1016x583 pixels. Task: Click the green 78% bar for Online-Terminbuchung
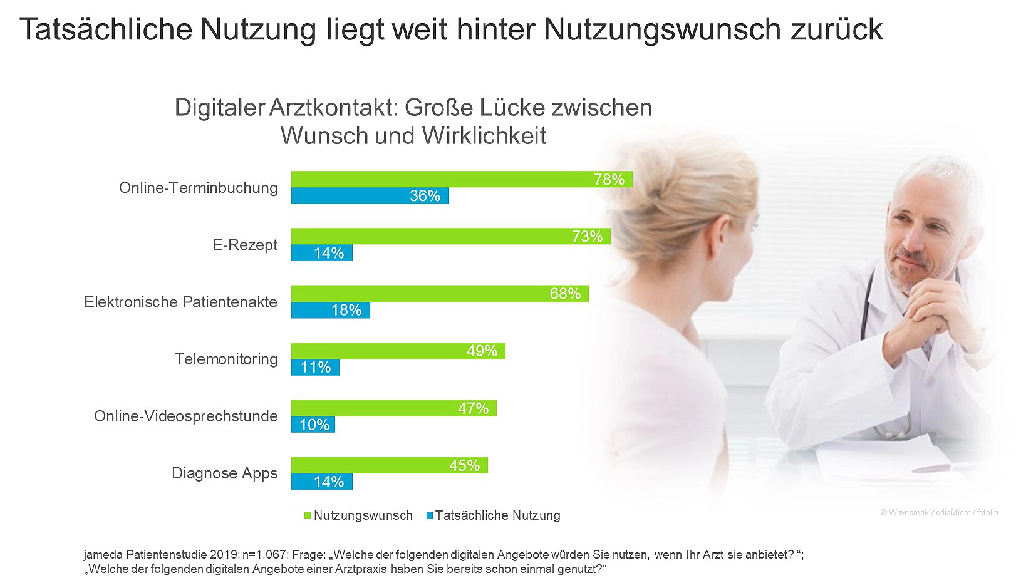(x=462, y=179)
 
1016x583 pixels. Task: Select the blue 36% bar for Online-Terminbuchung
(x=370, y=196)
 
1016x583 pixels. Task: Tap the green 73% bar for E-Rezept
(x=450, y=236)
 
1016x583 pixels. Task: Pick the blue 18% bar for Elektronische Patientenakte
(x=330, y=310)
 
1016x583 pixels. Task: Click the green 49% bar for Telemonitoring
(x=398, y=351)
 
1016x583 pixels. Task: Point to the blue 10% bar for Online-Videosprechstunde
(x=313, y=425)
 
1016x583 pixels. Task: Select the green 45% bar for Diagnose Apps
(x=389, y=465)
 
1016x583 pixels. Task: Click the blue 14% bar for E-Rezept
(x=321, y=253)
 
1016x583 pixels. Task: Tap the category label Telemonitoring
(x=225, y=359)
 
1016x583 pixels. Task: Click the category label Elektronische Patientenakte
(x=180, y=302)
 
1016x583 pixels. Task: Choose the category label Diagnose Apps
(x=224, y=473)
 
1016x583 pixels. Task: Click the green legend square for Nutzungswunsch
(x=308, y=516)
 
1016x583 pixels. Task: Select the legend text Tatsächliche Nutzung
(x=497, y=515)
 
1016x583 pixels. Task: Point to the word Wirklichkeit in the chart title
(x=484, y=135)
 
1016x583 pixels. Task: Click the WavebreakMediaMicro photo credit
(x=939, y=512)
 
